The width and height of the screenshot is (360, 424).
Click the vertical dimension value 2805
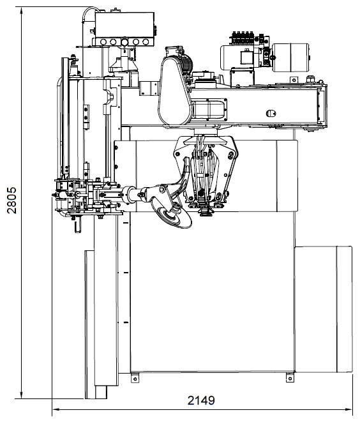11,201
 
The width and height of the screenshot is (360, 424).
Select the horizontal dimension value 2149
201,400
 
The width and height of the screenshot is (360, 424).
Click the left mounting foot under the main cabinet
135,377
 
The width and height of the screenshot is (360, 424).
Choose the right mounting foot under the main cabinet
290,377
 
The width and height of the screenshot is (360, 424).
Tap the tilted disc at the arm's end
171,215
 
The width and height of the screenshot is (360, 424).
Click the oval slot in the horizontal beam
271,113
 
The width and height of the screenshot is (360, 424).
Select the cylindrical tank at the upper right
291,57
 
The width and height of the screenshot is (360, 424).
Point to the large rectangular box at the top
124,25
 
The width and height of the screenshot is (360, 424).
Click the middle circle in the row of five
124,42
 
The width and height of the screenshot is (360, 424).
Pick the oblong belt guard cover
176,91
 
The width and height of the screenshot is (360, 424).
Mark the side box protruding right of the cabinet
324,309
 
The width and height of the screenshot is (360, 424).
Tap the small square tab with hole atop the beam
294,80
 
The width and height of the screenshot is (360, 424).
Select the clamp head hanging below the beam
206,173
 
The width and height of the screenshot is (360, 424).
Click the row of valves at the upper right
243,37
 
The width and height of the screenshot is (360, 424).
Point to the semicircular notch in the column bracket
110,96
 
